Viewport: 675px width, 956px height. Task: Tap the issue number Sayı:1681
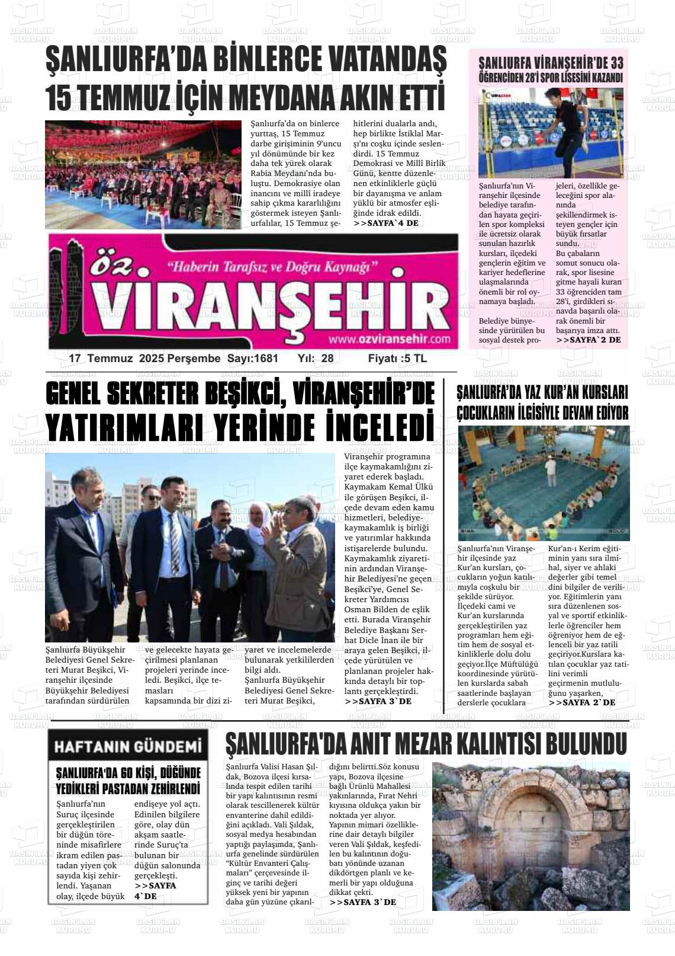click(252, 359)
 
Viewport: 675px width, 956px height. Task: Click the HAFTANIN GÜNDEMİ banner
click(128, 746)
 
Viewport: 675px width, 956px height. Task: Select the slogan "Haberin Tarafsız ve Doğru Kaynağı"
click(273, 267)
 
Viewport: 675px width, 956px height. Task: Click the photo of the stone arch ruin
click(531, 836)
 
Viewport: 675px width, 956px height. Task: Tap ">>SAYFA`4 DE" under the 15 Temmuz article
click(385, 223)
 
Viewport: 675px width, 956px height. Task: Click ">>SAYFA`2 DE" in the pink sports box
click(588, 340)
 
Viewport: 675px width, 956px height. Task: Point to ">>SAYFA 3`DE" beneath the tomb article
click(362, 902)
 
